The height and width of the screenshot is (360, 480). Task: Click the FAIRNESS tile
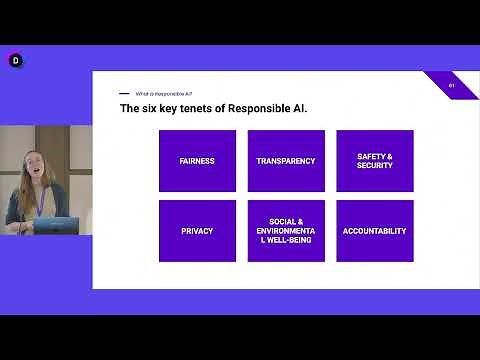pos(197,161)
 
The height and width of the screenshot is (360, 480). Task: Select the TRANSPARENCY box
pos(286,161)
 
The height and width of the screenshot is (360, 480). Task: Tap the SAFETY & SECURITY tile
pos(374,161)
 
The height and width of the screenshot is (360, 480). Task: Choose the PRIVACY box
pos(197,231)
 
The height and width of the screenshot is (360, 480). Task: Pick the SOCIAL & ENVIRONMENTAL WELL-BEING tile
pos(286,231)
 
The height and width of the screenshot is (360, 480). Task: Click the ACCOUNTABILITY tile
pos(374,231)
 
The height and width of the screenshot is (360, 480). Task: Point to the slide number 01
pos(452,85)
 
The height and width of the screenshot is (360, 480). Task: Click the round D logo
pos(15,61)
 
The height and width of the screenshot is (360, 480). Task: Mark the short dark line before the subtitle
pos(125,93)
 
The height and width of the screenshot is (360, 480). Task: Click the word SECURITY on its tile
pos(374,166)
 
